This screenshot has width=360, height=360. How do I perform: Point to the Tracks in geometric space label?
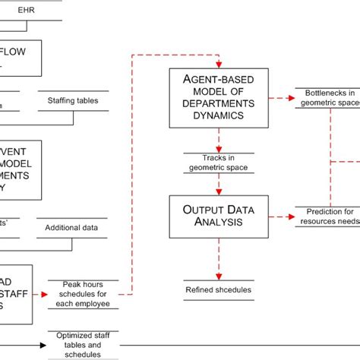pos(219,163)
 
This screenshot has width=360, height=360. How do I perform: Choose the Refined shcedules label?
pos(219,289)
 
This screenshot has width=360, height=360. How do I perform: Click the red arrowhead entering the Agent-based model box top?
pos(218,62)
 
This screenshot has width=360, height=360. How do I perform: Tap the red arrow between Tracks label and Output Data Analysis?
pos(219,184)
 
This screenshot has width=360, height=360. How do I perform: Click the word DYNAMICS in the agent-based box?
pos(219,116)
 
